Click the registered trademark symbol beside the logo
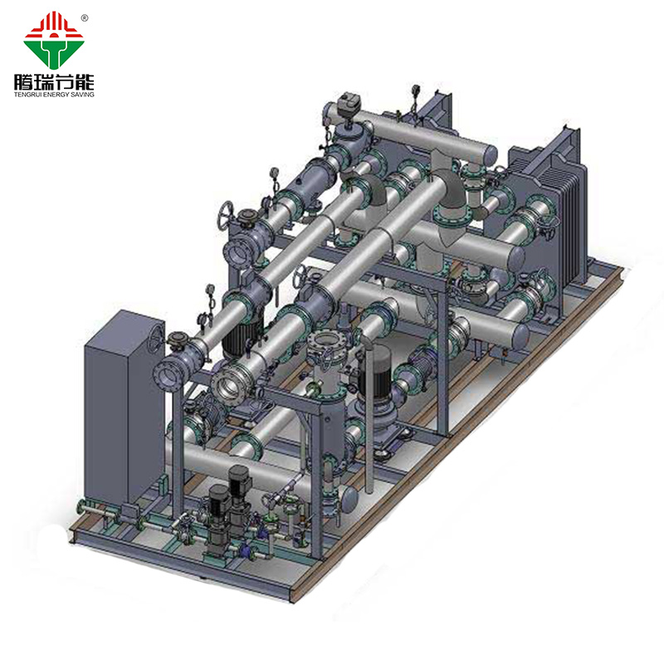[x=85, y=17]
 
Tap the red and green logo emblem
[x=53, y=40]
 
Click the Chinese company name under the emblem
[x=54, y=81]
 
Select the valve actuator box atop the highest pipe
[x=348, y=103]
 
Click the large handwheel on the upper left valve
[x=225, y=215]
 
